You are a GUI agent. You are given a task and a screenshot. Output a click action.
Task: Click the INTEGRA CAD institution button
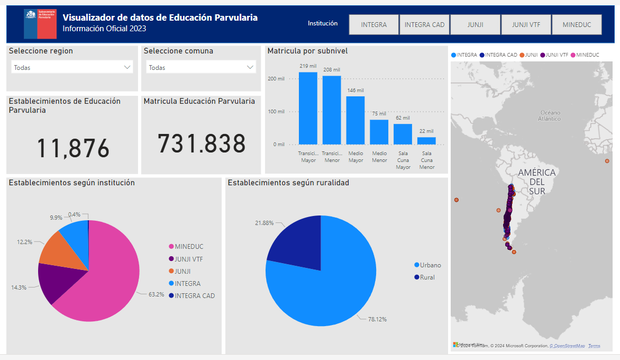click(425, 24)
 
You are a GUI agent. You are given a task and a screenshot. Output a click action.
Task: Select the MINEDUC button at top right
click(577, 24)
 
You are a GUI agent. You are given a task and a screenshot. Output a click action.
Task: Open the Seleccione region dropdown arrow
click(127, 67)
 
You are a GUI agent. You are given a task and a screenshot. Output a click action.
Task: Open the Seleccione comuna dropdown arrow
click(250, 67)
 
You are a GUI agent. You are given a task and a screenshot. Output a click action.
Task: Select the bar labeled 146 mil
click(355, 121)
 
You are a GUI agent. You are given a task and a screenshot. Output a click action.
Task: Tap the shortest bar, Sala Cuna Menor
click(426, 141)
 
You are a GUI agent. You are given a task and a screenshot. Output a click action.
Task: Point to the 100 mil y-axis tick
click(278, 112)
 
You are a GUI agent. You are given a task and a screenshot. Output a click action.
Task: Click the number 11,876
click(73, 149)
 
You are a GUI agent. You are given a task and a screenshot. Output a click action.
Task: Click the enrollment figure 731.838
click(202, 144)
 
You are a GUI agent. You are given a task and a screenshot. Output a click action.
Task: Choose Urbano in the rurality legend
click(430, 265)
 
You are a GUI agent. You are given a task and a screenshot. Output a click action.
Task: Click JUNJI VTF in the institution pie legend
click(189, 259)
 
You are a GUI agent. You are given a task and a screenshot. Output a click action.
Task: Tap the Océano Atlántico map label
click(550, 115)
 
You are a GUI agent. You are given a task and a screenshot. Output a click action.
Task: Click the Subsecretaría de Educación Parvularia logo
click(40, 24)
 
